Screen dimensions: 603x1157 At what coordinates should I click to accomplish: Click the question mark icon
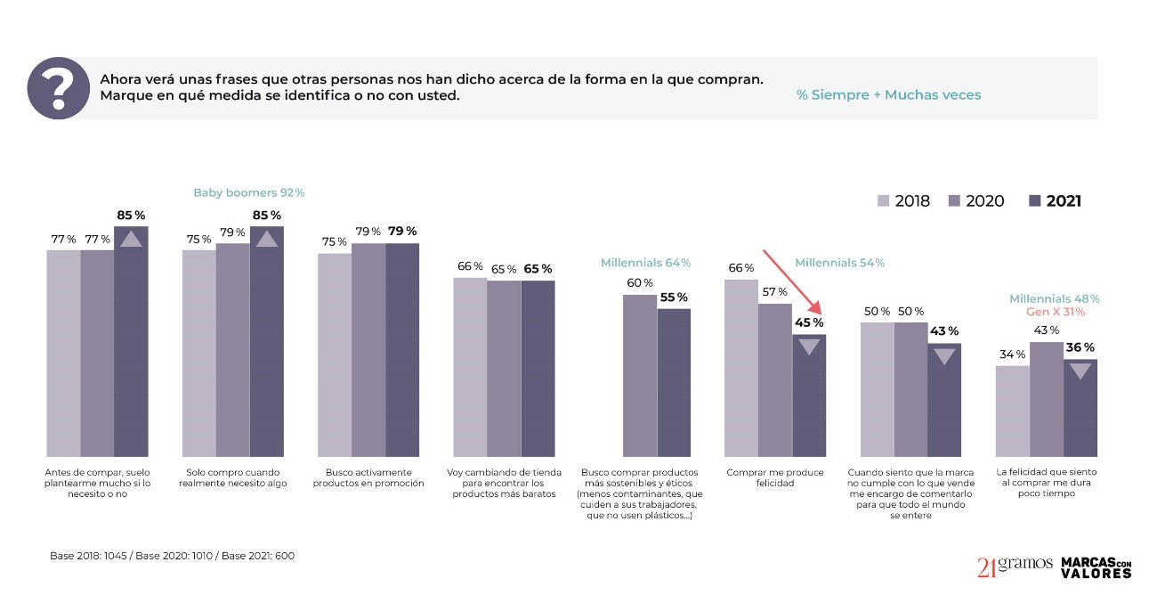tap(59, 88)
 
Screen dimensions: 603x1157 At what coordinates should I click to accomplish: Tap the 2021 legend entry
tap(1055, 201)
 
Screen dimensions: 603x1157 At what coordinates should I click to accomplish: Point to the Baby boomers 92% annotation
tap(249, 192)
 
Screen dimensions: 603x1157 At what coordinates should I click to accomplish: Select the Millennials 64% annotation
tap(645, 263)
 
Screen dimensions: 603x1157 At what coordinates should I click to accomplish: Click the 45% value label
tap(810, 322)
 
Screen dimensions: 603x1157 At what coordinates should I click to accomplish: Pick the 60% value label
tap(640, 283)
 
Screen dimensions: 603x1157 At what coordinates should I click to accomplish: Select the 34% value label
tap(1013, 354)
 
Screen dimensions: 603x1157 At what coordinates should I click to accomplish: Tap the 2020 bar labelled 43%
tap(1047, 399)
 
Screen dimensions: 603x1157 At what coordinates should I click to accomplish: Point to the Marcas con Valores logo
tap(1096, 567)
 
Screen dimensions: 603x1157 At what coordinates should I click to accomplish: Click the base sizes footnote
tap(172, 556)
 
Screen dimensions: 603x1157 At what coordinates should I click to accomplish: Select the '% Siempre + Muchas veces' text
tap(888, 94)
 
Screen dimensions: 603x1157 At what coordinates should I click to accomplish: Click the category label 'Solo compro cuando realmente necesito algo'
tap(233, 477)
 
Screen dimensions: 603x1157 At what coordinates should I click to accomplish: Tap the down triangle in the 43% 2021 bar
tap(944, 356)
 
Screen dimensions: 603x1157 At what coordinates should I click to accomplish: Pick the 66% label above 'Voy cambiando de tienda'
tap(470, 266)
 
